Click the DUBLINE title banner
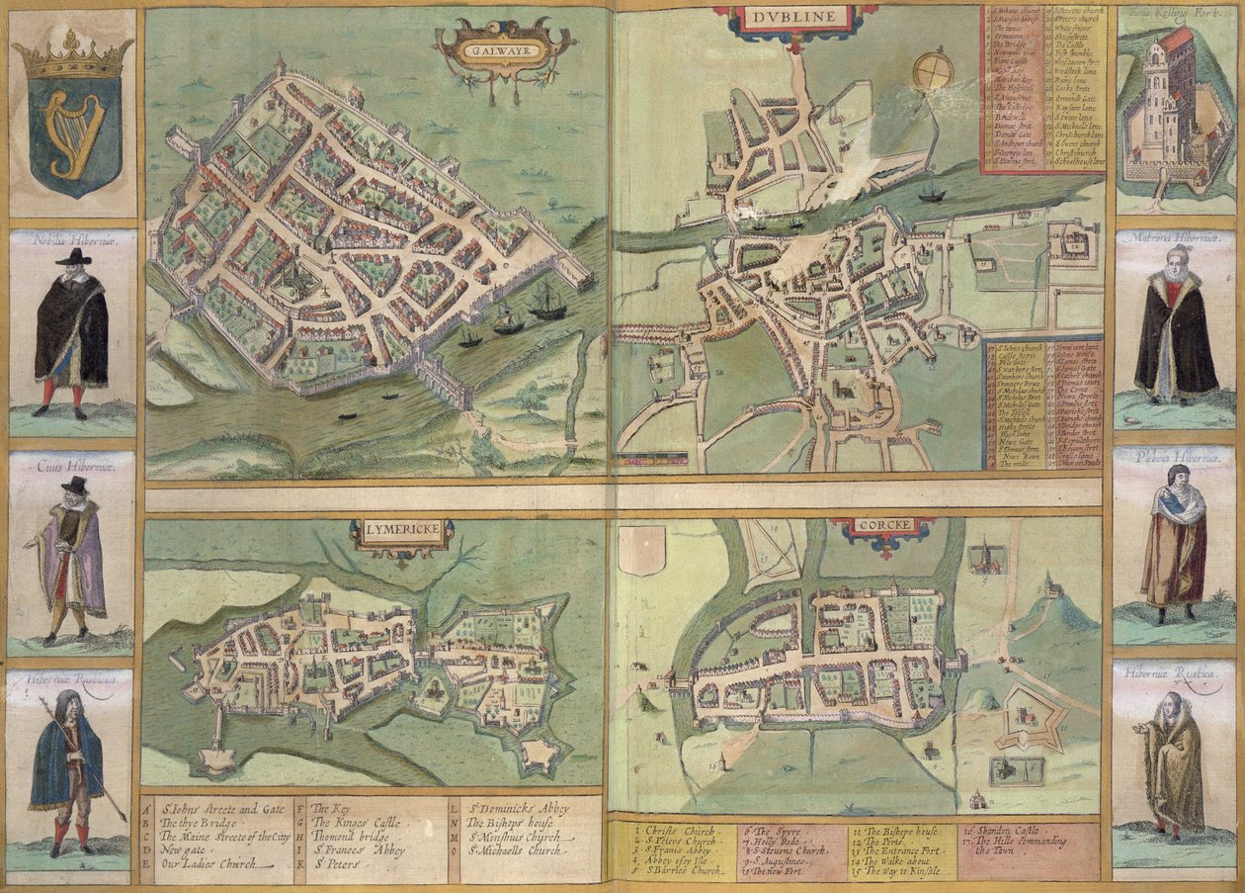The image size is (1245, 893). pyautogui.click(x=795, y=17)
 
